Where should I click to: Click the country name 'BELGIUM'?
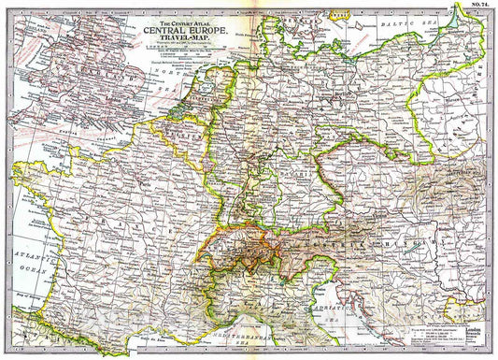(185, 132)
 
